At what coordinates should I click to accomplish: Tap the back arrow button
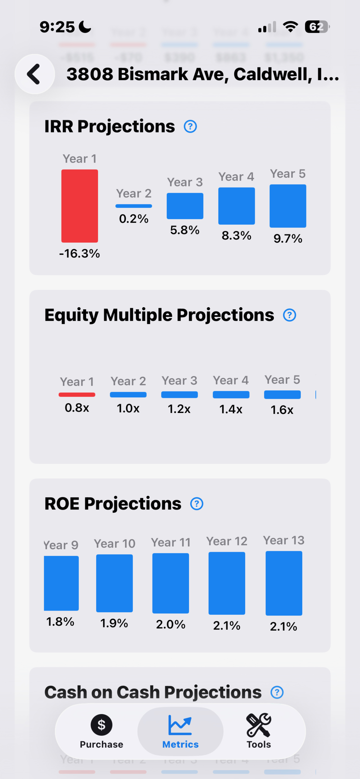[34, 74]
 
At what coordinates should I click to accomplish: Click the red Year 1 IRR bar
[79, 206]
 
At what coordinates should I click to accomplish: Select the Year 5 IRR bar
[288, 206]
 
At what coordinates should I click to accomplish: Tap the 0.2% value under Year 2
[134, 219]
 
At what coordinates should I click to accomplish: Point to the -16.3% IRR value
[79, 253]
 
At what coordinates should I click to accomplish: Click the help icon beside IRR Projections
[190, 126]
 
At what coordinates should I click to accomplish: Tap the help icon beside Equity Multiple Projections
[289, 315]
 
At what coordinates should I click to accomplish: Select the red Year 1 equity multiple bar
[77, 395]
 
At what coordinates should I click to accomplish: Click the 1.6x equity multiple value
[282, 410]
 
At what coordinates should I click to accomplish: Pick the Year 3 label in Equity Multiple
[179, 381]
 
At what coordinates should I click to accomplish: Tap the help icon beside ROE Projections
[197, 504]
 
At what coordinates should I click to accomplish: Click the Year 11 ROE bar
[171, 583]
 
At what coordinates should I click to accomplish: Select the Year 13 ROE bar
[284, 583]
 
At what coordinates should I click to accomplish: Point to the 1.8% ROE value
[60, 622]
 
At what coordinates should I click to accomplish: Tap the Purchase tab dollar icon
[101, 725]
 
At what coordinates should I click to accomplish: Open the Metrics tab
[180, 731]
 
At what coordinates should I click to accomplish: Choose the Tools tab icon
[259, 725]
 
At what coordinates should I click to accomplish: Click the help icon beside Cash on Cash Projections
[277, 692]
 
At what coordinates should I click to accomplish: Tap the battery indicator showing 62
[317, 27]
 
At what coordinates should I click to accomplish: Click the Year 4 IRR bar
[237, 206]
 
